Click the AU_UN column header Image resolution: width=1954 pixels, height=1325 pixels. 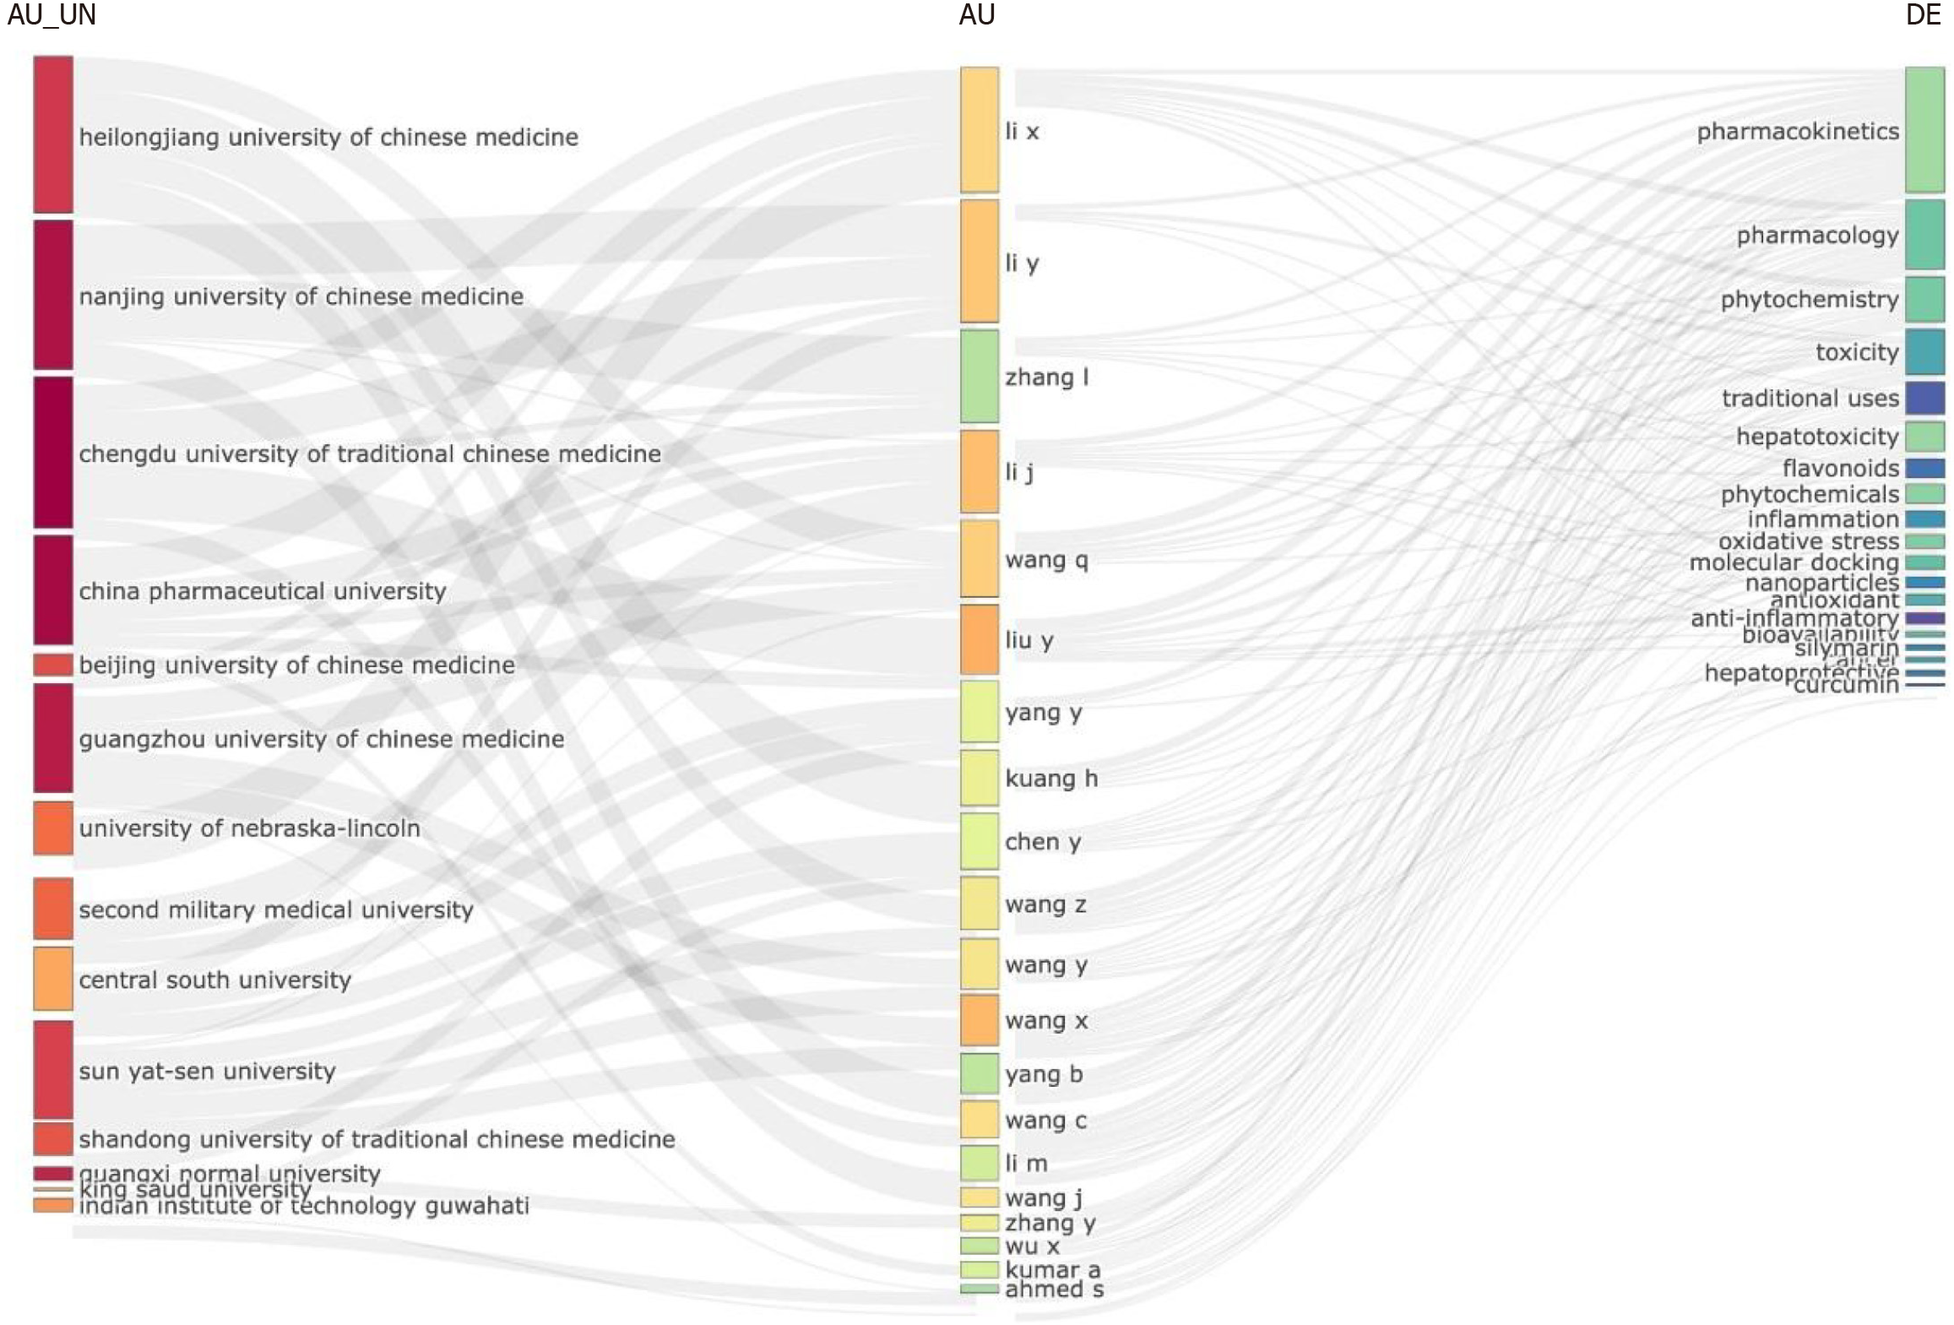(52, 15)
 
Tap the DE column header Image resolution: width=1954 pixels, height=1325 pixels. (1923, 15)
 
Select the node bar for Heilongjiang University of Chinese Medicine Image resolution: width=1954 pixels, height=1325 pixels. (53, 134)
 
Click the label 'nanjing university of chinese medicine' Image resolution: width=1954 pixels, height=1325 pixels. (301, 296)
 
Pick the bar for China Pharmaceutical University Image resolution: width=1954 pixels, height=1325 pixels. (53, 589)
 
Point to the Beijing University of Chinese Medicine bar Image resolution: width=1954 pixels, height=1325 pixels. (53, 665)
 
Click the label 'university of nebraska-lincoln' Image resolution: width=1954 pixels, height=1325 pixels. (249, 828)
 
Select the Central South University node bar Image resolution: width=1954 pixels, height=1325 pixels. (53, 978)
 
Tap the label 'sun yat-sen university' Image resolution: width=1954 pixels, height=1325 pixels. (207, 1071)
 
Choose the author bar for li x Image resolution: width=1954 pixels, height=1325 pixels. (979, 130)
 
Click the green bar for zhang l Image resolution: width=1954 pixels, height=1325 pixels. (979, 376)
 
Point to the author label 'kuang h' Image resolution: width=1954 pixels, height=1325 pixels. (1050, 778)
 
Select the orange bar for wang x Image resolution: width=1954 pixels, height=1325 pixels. (979, 1019)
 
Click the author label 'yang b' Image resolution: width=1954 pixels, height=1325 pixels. (1043, 1073)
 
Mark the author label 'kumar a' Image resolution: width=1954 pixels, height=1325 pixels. (1052, 1269)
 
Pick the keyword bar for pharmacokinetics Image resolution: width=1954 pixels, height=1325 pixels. (1924, 130)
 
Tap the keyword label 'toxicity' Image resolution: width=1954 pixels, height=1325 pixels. (1856, 351)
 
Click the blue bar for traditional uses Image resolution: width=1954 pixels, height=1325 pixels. (1924, 398)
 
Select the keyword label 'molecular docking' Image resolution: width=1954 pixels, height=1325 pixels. (1794, 562)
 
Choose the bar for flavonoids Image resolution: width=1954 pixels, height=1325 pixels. (1924, 468)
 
